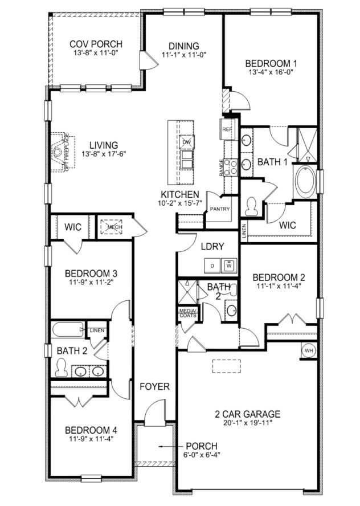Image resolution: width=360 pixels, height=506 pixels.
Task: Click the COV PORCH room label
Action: coord(96,44)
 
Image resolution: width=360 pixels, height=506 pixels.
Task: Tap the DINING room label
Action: coord(183,46)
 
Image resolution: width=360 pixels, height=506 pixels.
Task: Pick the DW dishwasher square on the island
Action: coord(186,141)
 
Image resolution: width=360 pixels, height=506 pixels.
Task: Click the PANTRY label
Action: coord(220,209)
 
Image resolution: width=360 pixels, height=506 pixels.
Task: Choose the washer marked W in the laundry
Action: coord(229,266)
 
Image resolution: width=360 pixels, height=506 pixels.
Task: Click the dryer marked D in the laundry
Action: coord(212,266)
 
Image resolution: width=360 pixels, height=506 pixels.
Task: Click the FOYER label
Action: coord(155,387)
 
